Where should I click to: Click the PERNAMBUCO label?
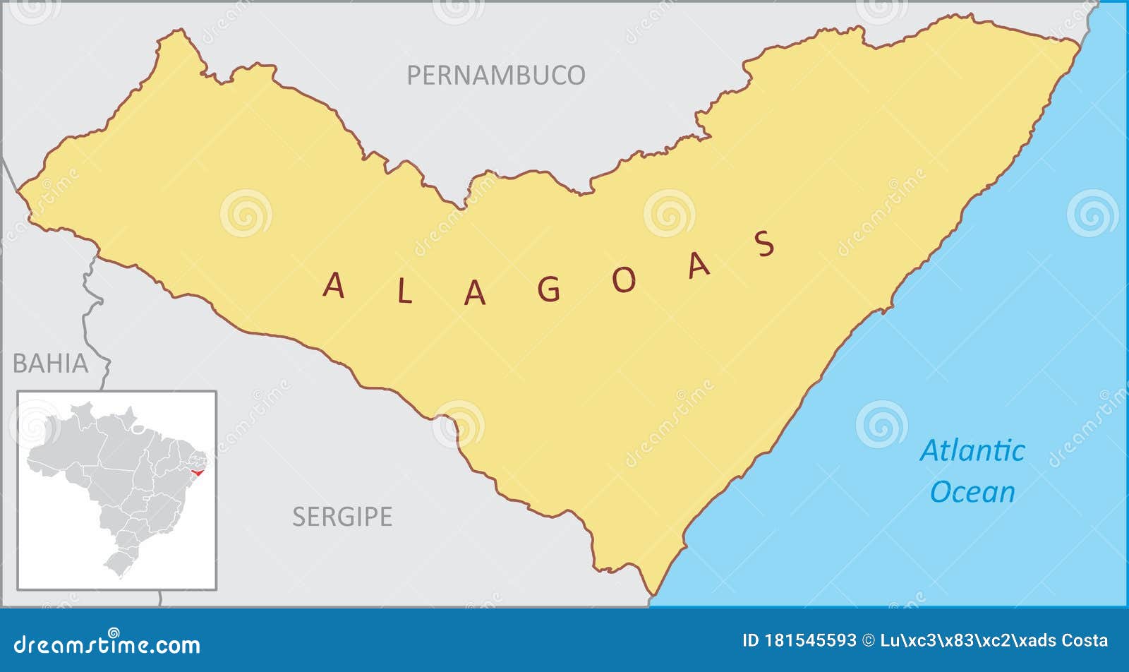click(x=495, y=75)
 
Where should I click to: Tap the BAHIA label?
click(x=51, y=364)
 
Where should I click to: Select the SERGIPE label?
click(x=342, y=517)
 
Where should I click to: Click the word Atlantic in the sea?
click(x=972, y=450)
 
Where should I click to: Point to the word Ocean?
click(x=972, y=492)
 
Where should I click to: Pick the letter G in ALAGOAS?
click(x=549, y=289)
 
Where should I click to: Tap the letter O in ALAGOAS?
click(x=624, y=280)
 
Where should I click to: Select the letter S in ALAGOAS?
click(x=765, y=244)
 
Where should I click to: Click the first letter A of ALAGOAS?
click(x=334, y=286)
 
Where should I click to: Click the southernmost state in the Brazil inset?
click(x=118, y=563)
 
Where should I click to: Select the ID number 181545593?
click(x=810, y=641)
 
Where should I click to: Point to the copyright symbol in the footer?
click(x=869, y=641)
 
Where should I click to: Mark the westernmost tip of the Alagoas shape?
click(x=19, y=190)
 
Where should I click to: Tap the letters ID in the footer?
click(x=750, y=641)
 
